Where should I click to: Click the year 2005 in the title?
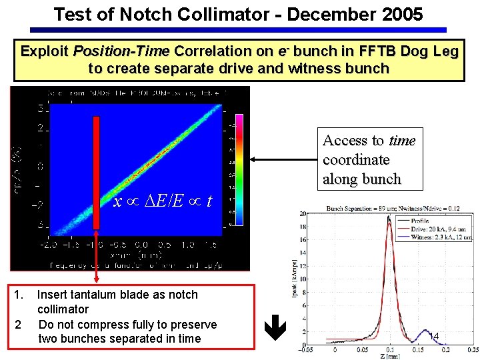click(399, 14)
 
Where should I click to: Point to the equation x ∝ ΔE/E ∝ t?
click(163, 201)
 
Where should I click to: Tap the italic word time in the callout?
click(402, 141)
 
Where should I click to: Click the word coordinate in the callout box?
click(356, 160)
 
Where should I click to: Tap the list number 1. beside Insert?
click(20, 295)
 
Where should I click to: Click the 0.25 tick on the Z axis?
click(472, 349)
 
